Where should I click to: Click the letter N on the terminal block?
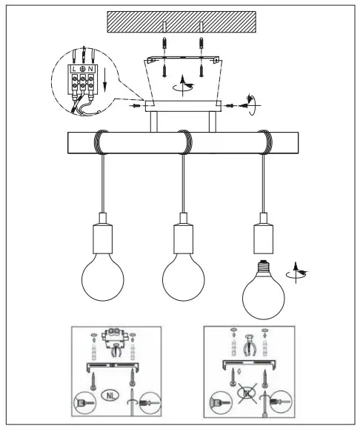tap(91, 69)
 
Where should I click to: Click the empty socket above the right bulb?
tap(263, 236)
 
